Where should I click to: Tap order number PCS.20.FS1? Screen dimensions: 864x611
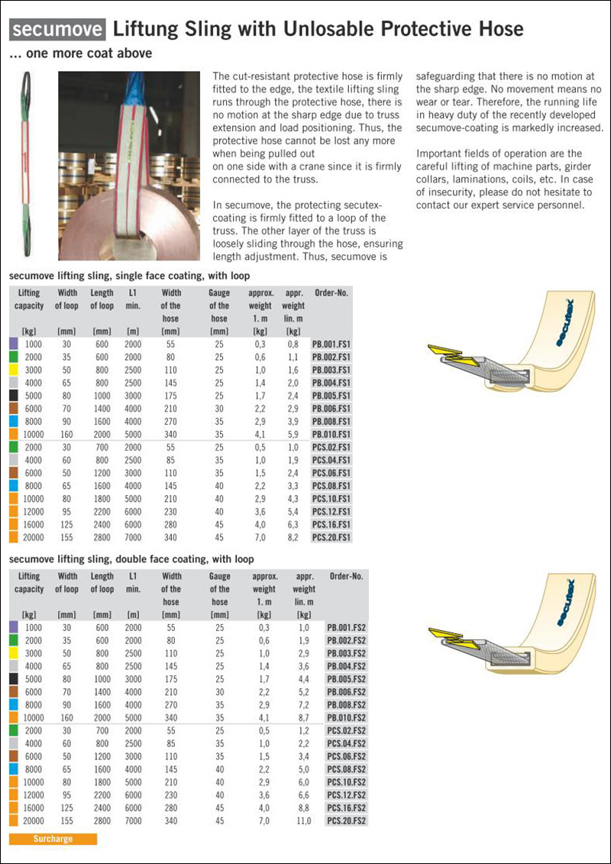(x=331, y=537)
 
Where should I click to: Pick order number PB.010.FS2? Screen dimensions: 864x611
(x=346, y=717)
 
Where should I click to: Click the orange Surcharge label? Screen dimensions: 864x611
(x=53, y=839)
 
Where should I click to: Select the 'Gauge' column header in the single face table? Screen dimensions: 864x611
(x=219, y=293)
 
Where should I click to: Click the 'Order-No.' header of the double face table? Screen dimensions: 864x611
(x=346, y=576)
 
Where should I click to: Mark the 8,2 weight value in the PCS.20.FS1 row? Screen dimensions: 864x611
(x=293, y=537)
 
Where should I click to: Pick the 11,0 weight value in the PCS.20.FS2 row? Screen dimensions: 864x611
(x=303, y=820)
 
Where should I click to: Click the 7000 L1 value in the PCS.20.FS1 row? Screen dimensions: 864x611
(x=133, y=537)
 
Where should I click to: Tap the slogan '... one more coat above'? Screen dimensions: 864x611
(x=80, y=53)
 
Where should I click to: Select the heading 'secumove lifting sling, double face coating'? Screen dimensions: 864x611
(x=131, y=559)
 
